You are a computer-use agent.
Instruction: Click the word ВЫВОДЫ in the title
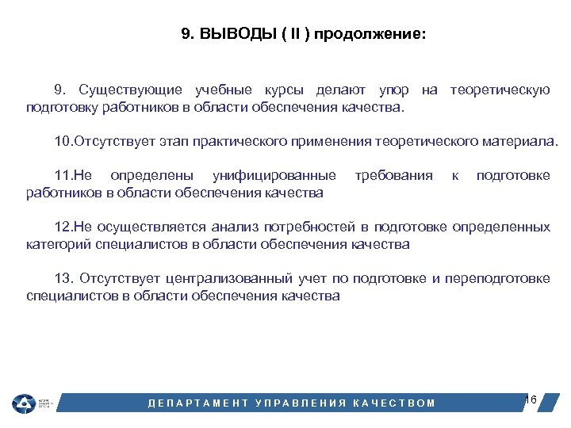(237, 35)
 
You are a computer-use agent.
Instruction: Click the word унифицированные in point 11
(274, 175)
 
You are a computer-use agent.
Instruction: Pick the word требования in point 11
(394, 175)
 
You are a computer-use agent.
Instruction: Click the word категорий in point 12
(59, 244)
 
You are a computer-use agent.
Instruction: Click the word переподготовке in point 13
(497, 279)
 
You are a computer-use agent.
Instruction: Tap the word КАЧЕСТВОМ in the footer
(395, 403)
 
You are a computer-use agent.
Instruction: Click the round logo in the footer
(23, 403)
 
